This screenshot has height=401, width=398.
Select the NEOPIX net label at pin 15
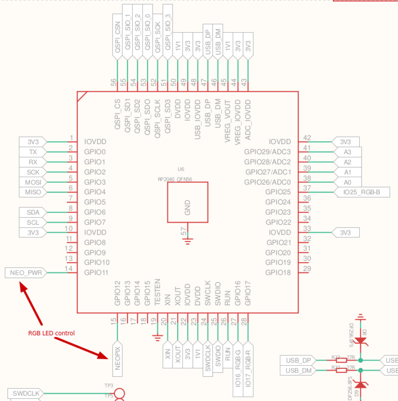(117, 358)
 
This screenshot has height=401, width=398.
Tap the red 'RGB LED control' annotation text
(51, 333)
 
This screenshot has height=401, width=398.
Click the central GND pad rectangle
(187, 202)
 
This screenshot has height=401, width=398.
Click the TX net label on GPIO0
(33, 152)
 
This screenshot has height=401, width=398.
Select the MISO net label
(33, 192)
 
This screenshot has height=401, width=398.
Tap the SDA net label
(33, 212)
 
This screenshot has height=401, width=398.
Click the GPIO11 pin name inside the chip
(96, 273)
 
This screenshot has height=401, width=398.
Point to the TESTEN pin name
(157, 292)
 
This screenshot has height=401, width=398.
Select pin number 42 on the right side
(307, 138)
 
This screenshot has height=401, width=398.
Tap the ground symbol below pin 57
(187, 239)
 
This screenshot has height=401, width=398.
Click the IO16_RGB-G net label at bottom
(237, 363)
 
